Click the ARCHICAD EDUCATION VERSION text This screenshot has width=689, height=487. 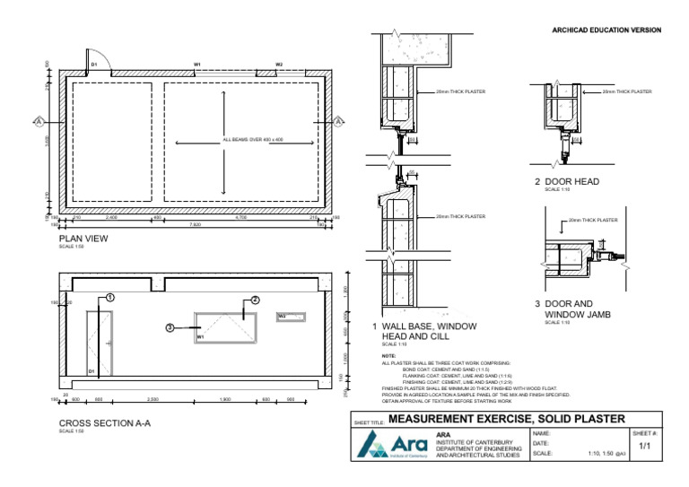pyautogui.click(x=606, y=30)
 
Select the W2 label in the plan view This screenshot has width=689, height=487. pyautogui.click(x=279, y=65)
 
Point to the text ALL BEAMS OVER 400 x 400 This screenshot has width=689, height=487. pyautogui.click(x=253, y=141)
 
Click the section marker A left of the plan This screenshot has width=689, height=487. pyautogui.click(x=39, y=121)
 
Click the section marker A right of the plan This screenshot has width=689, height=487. pyautogui.click(x=339, y=121)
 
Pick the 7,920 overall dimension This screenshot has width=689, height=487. pyautogui.click(x=195, y=225)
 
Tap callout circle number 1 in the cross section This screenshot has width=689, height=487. pyautogui.click(x=109, y=297)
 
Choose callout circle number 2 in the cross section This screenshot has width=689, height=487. pyautogui.click(x=255, y=300)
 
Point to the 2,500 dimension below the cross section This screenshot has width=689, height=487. pyautogui.click(x=153, y=399)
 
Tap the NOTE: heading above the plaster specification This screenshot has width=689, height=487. pyautogui.click(x=388, y=356)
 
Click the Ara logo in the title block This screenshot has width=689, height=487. pyautogui.click(x=392, y=445)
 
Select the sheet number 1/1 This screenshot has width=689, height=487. pyautogui.click(x=644, y=445)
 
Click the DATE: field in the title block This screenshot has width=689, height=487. pyautogui.click(x=540, y=443)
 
